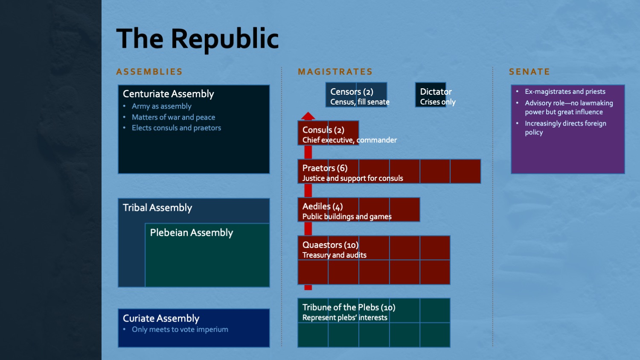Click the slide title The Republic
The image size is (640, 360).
(x=198, y=39)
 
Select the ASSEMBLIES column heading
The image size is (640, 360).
(x=149, y=71)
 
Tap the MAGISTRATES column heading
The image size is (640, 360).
(x=335, y=71)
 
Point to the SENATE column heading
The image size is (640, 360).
(x=529, y=71)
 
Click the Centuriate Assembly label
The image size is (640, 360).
(x=168, y=94)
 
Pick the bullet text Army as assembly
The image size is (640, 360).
(x=161, y=106)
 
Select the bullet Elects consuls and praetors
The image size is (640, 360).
(x=176, y=128)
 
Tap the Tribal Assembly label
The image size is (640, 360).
(x=157, y=208)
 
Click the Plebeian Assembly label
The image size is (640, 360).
(x=192, y=232)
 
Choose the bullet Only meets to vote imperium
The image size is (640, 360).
(x=180, y=329)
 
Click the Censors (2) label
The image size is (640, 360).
(x=352, y=92)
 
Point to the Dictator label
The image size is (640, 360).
(x=436, y=92)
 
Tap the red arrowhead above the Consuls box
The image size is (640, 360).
(x=308, y=116)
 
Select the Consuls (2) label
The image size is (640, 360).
(x=323, y=130)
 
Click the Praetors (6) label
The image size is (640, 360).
(x=325, y=168)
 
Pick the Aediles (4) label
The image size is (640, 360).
(x=323, y=206)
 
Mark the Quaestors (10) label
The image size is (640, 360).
(x=330, y=245)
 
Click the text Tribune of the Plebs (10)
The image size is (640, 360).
(x=349, y=308)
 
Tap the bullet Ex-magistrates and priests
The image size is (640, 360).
(x=565, y=91)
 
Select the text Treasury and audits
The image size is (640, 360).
(x=334, y=255)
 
